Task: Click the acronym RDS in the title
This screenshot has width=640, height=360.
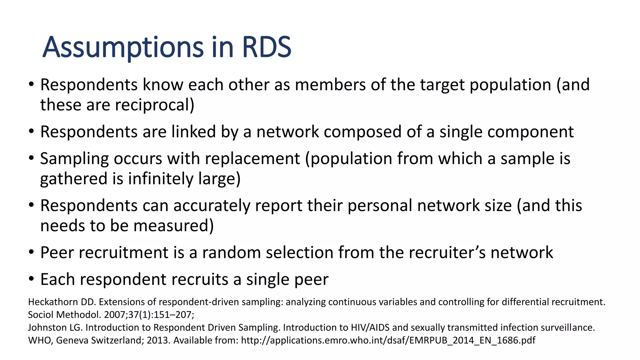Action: (266, 47)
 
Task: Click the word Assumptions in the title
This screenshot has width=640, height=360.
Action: (123, 47)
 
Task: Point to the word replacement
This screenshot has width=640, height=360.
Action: (252, 158)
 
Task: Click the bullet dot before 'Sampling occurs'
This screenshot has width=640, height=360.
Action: (31, 158)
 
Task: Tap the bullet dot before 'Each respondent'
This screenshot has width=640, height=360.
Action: (31, 278)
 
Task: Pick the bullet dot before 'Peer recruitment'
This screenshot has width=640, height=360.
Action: (31, 252)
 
